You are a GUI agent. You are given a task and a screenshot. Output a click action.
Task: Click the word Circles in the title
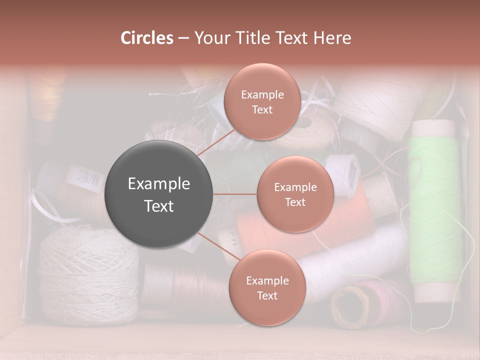[x=146, y=38]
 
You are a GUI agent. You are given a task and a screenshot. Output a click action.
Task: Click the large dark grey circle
[x=159, y=194]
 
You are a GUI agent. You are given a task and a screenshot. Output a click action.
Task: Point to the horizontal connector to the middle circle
[x=235, y=194]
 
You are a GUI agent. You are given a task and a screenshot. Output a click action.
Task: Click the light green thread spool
[x=434, y=210]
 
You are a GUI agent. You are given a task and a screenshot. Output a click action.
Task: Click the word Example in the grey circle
[x=159, y=184]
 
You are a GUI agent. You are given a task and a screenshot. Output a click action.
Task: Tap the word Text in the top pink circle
[x=262, y=109]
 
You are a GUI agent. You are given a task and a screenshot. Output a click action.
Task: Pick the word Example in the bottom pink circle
[x=267, y=280]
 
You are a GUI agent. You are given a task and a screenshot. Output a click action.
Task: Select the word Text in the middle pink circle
[x=295, y=202]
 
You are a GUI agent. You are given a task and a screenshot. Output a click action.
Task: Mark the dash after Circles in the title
[x=183, y=38]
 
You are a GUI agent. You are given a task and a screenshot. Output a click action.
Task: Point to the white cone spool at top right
[x=380, y=105]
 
